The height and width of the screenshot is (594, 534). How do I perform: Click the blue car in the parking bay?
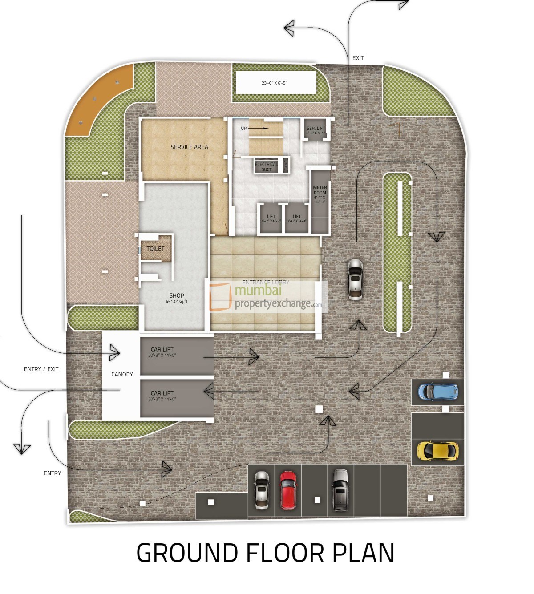coord(438,392)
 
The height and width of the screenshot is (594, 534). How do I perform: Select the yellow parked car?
coord(437,451)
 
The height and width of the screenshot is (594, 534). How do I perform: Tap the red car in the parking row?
coord(288,490)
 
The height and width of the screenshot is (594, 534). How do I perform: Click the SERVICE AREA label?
coord(189,147)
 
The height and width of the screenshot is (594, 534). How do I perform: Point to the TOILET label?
coord(155,249)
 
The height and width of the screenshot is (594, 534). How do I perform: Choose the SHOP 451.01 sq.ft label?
coord(177,298)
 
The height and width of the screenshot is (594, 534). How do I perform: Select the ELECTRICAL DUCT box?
coord(266,166)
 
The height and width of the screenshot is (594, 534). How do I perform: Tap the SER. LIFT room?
coord(316,130)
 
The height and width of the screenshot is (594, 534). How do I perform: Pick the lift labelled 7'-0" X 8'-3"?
coord(297,218)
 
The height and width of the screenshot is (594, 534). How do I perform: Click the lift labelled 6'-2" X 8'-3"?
coord(271,218)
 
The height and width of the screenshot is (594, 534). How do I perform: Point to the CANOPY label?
coord(122,374)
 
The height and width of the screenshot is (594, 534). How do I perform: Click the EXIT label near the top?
coord(358,58)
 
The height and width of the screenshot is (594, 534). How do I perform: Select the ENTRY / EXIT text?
coord(41,369)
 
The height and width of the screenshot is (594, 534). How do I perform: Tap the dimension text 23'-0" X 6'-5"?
coord(275,83)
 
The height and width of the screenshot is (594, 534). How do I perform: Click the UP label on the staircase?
coord(243,129)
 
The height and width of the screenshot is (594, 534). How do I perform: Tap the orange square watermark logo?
coord(220,297)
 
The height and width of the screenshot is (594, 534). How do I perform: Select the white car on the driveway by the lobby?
coord(355,280)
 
